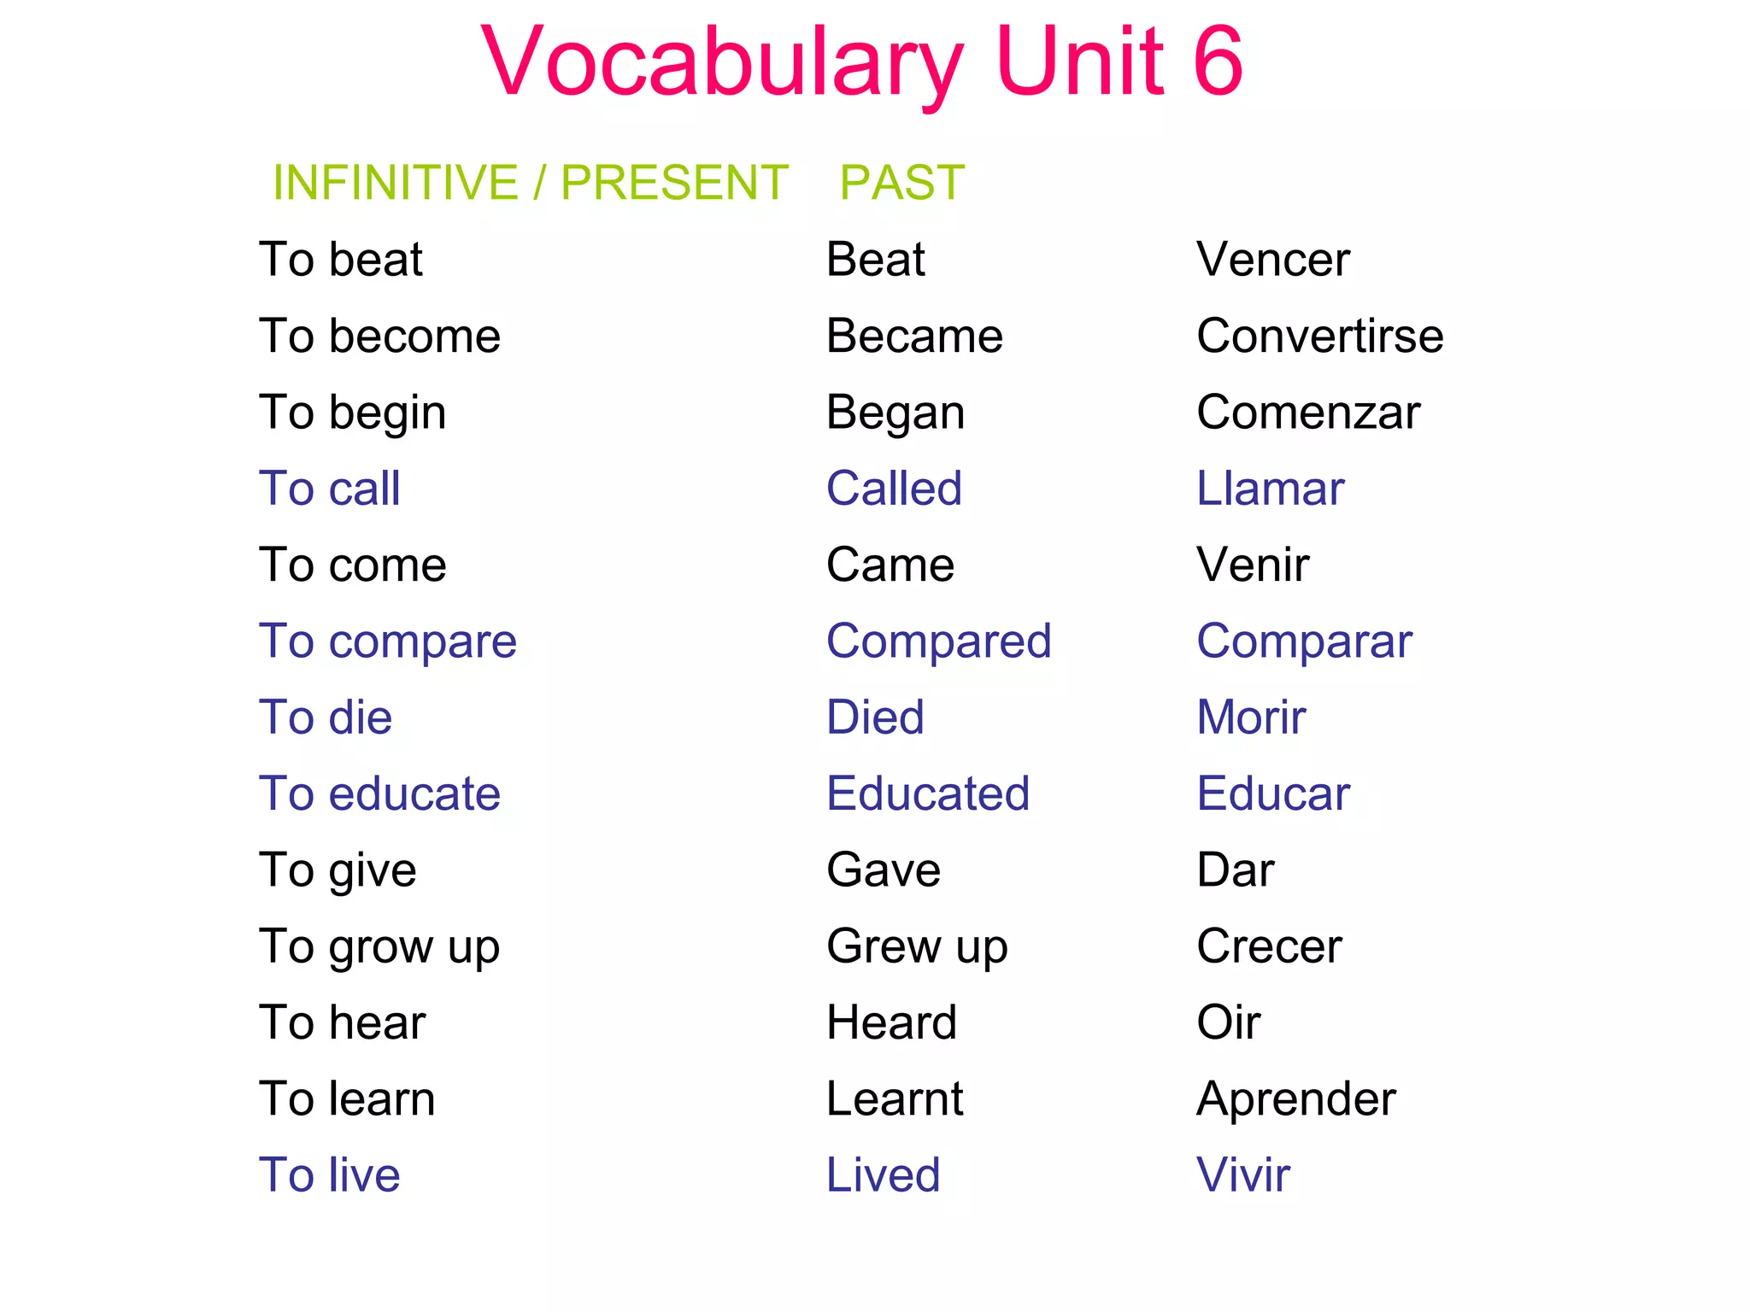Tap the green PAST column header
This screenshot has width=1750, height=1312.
[901, 182]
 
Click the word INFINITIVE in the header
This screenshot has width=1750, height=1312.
[395, 182]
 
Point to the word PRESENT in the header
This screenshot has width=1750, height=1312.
[674, 182]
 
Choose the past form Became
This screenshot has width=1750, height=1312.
[914, 336]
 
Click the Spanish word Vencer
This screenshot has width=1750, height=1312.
[1272, 260]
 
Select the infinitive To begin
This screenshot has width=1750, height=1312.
[352, 413]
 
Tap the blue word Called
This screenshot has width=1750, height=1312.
[894, 489]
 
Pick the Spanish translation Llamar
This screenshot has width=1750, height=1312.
[1270, 489]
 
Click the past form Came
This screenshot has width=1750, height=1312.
[890, 565]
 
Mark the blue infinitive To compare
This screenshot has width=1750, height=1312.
[388, 642]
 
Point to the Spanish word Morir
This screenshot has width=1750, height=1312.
[1251, 717]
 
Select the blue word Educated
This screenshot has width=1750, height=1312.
[928, 794]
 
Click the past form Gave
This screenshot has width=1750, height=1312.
[884, 870]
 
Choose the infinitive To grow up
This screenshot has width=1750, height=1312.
[379, 947]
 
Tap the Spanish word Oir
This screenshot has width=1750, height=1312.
[1228, 1022]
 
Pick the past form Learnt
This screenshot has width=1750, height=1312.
[895, 1098]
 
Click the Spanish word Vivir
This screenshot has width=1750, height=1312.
[1243, 1174]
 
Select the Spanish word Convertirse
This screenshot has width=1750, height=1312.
[1319, 336]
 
